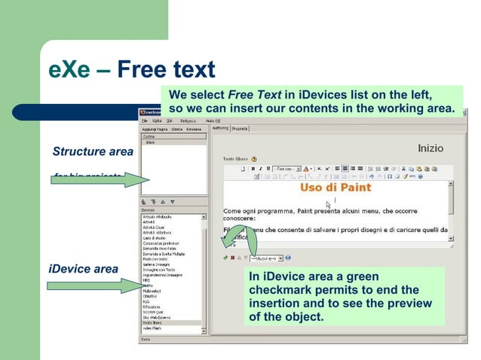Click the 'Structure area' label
92,151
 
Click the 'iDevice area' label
82,269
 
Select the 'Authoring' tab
219,129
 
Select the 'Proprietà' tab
240,129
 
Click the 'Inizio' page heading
430,148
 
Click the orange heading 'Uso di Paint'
335,187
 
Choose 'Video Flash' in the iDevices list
153,328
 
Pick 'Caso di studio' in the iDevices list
155,236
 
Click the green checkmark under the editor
225,257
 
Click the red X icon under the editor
232,257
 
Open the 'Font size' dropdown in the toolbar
286,169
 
